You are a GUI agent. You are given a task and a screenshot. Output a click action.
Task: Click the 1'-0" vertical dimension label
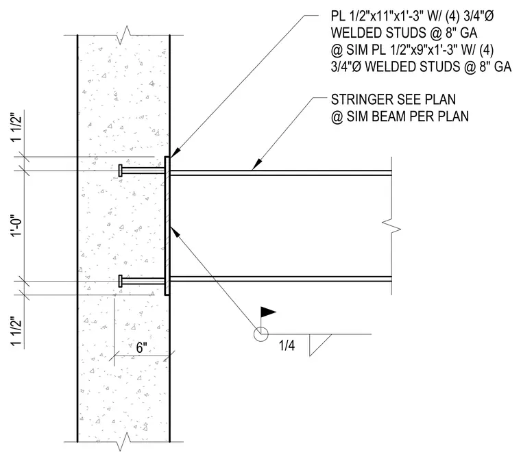[16, 227]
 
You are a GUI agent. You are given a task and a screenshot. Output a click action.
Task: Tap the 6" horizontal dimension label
[141, 347]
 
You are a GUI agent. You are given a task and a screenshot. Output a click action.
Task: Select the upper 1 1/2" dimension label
[16, 129]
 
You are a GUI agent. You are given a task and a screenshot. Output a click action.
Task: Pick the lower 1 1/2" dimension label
[16, 333]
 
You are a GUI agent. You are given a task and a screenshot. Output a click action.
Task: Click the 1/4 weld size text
[287, 346]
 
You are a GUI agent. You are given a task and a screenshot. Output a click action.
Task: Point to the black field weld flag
[267, 312]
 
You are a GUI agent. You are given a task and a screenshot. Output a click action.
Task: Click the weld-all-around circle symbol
[260, 334]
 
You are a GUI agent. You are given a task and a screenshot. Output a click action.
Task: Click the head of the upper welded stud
[120, 171]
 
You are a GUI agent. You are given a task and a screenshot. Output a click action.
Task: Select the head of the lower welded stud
[120, 281]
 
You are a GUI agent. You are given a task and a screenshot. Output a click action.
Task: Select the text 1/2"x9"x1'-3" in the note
[422, 50]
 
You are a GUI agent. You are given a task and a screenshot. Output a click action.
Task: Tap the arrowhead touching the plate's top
[175, 151]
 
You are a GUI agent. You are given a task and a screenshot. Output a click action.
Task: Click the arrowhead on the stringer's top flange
[257, 164]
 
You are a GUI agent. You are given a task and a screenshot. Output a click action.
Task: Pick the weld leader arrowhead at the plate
[175, 232]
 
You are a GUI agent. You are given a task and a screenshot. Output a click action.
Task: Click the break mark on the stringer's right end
[391, 225]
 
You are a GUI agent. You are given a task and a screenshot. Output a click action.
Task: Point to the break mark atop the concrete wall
[123, 35]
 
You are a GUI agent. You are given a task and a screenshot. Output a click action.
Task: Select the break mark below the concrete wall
[123, 442]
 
